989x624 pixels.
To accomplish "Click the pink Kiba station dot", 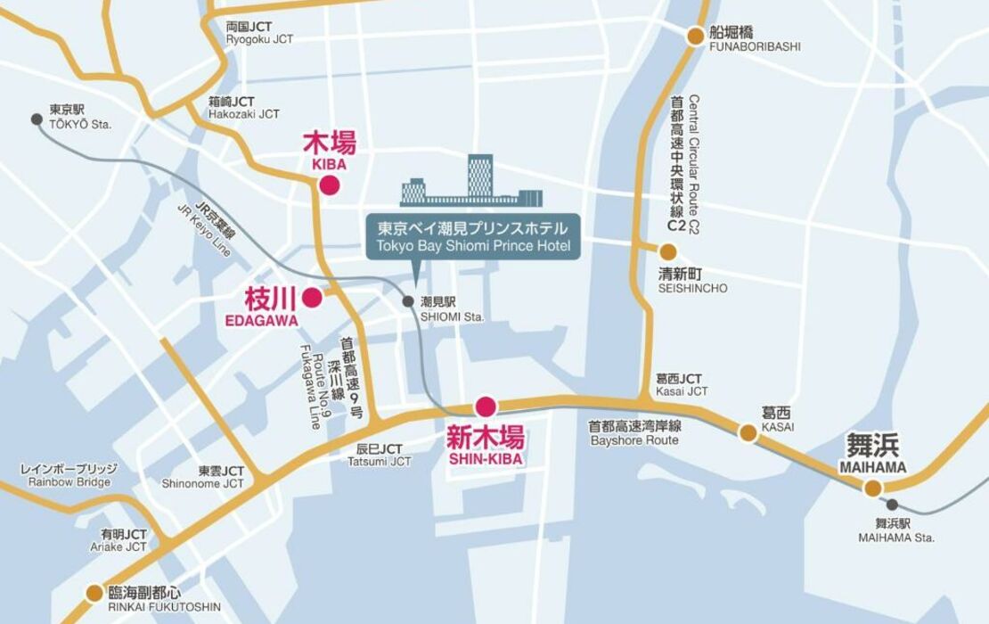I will coord(329,185).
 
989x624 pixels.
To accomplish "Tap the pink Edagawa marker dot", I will coord(312,298).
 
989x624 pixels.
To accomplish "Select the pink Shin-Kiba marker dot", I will coord(485,407).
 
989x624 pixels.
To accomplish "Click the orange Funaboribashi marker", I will coord(696,37).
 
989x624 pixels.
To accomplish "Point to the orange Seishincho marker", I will coord(668,252).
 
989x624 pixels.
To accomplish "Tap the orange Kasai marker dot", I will coord(748,433).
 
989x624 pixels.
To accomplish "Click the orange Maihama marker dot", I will coord(872,488).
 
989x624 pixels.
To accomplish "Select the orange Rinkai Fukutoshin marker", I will coord(94,593).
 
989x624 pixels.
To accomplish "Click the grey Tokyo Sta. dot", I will coord(37,119).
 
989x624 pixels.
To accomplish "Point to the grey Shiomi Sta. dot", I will coord(408,301).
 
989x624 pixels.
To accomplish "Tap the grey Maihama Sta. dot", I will coord(892,505).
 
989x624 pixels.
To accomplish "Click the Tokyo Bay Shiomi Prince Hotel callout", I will coord(473,237).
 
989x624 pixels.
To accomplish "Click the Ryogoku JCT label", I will coord(259,33).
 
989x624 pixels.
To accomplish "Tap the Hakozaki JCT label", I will coord(243,108).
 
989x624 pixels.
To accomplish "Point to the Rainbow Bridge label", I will coord(69,475).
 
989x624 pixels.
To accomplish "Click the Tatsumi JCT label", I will coord(379,455).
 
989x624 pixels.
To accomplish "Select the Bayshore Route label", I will coord(634,433).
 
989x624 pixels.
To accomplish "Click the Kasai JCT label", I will coord(682,385).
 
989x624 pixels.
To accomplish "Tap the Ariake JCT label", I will coord(124,540).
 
